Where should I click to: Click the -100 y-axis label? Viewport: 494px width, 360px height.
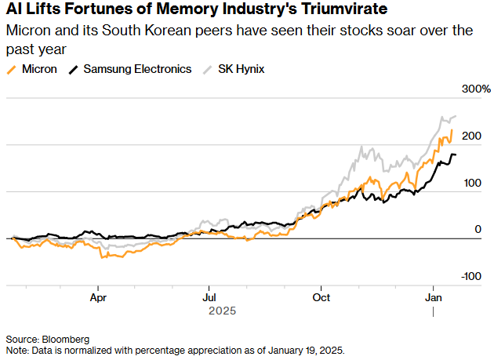pos(470,276)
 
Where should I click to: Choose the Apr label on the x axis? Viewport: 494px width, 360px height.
pos(98,298)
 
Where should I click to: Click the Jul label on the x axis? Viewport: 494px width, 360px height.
pos(209,298)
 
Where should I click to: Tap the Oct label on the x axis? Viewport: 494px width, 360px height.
pos(320,298)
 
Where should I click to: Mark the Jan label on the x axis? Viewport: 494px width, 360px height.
pos(433,298)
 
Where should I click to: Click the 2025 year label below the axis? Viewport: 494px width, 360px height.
pos(222,311)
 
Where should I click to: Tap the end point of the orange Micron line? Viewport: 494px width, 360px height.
pos(452,130)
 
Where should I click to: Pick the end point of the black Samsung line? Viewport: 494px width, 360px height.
pos(456,155)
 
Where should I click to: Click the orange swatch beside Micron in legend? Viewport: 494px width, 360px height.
pos(11,69)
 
